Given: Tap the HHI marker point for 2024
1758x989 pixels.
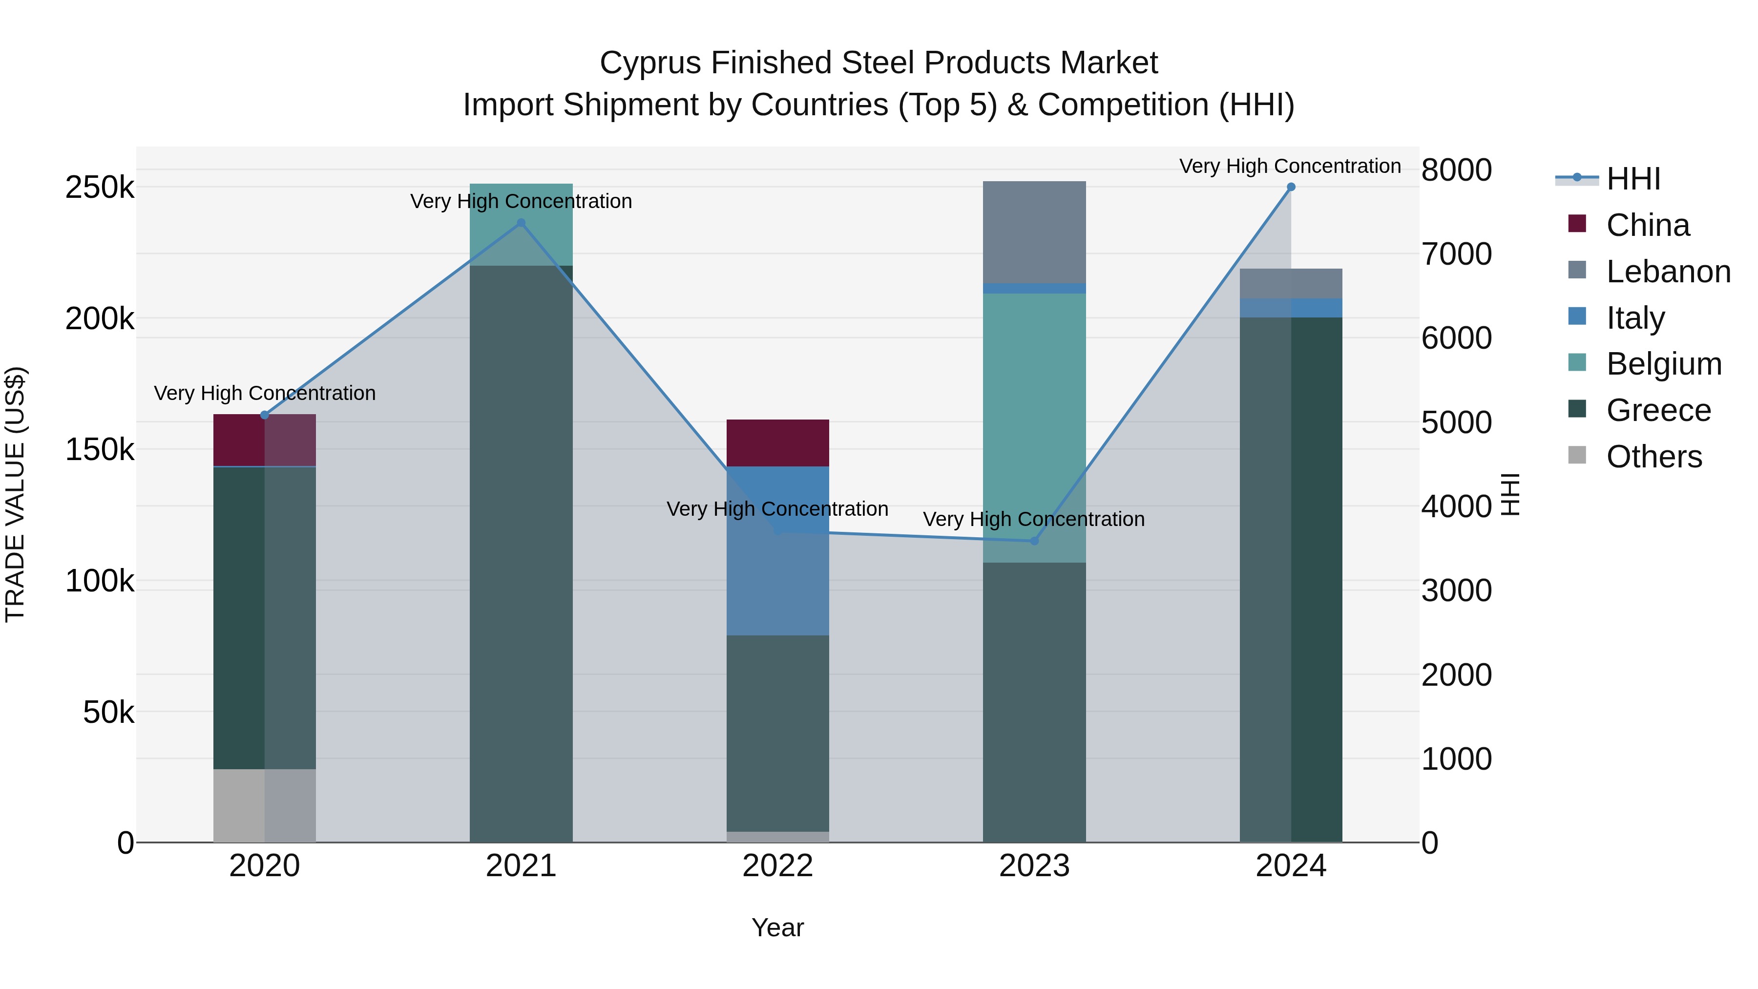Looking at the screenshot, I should coord(1291,187).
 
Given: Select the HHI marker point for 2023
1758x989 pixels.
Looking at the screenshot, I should coord(1034,541).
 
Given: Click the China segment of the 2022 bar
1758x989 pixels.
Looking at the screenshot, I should coord(777,442).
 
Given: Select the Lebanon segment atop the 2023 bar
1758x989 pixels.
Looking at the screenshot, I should coord(1034,232).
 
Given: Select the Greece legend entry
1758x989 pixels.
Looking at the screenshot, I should coord(1658,410).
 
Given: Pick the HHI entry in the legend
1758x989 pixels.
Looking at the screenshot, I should coord(1632,179).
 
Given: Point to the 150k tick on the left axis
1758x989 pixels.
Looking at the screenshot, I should coord(100,450).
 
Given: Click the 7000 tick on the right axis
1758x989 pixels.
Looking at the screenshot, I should coord(1456,254).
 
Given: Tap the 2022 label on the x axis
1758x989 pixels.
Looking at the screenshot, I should coord(777,866).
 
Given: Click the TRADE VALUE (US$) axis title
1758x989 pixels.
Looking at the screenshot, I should coord(15,494).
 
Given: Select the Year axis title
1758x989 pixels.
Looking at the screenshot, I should coord(777,927).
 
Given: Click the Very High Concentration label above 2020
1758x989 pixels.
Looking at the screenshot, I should coord(265,393).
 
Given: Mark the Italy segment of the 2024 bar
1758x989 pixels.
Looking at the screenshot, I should coord(1291,308).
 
